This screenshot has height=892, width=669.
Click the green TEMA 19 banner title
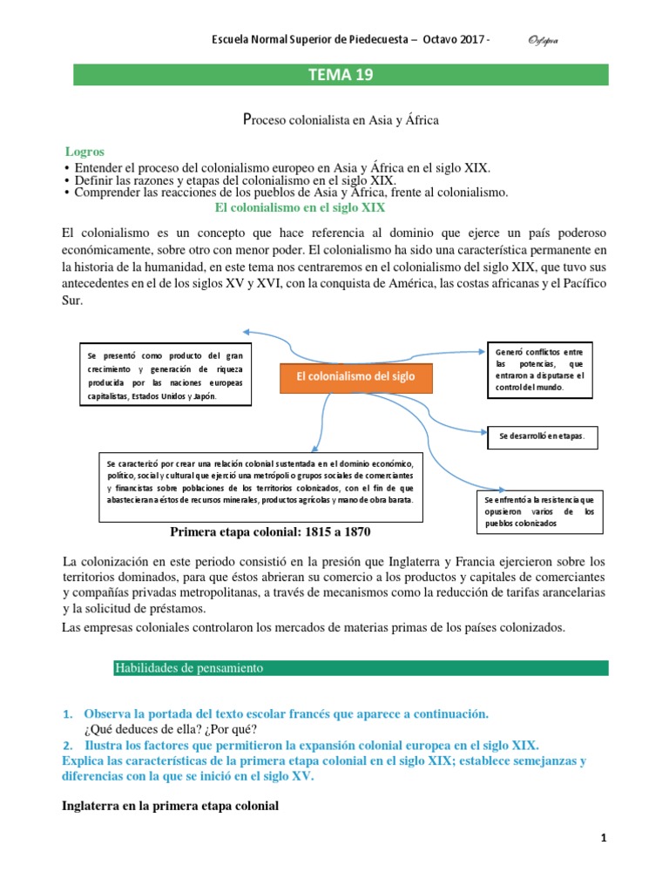pos(340,75)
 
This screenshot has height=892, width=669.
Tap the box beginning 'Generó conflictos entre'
pos(537,369)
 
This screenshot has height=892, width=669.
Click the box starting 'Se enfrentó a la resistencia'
pos(539,512)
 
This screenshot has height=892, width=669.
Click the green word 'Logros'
pos(84,152)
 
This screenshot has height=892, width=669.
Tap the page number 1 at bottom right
pos(603,838)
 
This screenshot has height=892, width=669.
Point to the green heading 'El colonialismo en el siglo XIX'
pos(300,208)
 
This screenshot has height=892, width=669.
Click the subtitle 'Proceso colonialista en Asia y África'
pos(339,120)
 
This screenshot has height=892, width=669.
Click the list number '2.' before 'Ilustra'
pos(68,745)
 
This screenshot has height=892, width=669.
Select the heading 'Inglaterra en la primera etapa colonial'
pos(171,806)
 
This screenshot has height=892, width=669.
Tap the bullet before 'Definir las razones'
pos(67,179)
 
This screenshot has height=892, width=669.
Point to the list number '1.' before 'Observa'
pos(68,713)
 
